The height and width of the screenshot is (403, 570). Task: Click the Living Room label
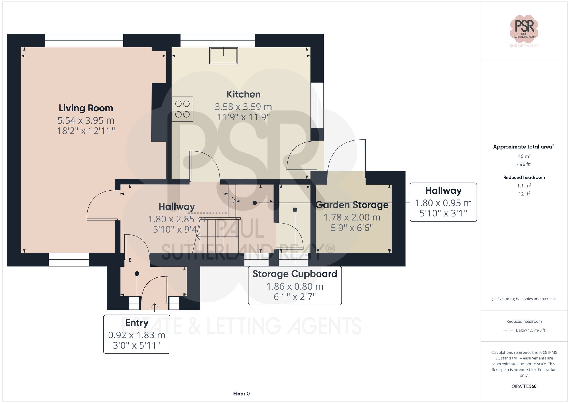click(86, 108)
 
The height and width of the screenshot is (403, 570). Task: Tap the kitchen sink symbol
click(224, 56)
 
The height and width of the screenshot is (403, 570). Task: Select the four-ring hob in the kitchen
click(182, 109)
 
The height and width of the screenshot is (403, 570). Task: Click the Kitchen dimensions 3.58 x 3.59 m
click(243, 107)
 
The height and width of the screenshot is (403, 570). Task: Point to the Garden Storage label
click(352, 205)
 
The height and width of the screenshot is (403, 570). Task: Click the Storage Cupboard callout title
click(295, 274)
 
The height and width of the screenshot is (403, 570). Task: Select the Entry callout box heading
click(137, 322)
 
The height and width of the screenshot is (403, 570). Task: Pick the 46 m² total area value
click(524, 156)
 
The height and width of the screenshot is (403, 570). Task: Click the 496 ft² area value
click(524, 164)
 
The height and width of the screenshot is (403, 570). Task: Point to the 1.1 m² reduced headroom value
click(524, 186)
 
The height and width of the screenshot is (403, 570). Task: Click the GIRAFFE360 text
click(524, 386)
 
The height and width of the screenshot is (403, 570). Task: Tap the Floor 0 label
click(241, 394)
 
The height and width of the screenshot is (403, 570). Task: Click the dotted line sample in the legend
click(508, 330)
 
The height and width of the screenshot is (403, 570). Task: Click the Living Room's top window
click(84, 40)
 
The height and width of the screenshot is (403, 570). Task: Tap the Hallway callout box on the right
click(443, 202)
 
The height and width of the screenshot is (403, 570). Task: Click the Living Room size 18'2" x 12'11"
click(86, 131)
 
